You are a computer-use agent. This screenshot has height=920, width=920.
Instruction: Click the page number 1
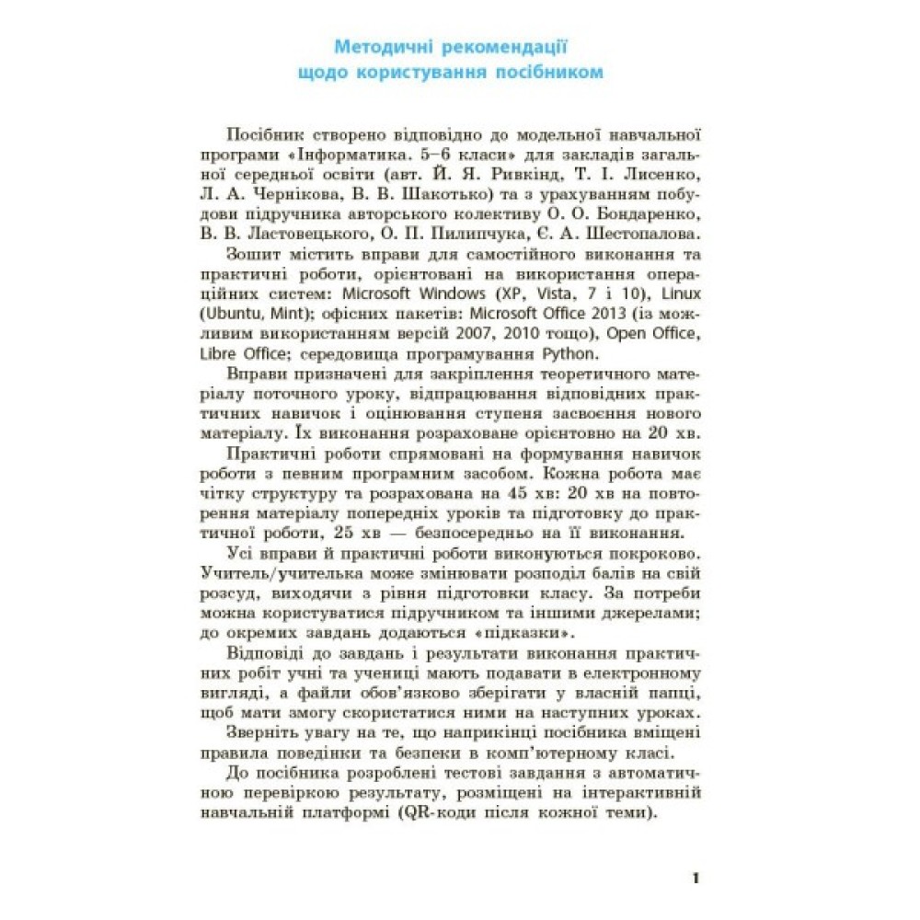696,878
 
